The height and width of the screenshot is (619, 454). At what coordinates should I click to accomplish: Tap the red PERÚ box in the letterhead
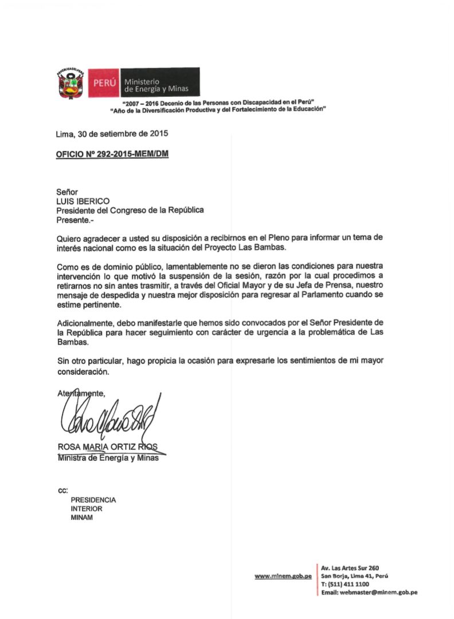[x=104, y=83]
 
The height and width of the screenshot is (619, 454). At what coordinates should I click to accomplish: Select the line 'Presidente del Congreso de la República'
[x=130, y=210]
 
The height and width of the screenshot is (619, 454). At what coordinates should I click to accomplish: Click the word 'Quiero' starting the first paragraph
[x=68, y=238]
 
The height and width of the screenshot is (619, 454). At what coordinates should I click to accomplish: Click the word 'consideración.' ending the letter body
[x=83, y=371]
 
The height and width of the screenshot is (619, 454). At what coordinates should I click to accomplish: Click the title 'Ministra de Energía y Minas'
[x=108, y=457]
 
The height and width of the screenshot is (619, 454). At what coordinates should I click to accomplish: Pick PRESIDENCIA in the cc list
[x=93, y=500]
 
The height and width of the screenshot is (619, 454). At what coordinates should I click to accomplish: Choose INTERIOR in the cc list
[x=87, y=508]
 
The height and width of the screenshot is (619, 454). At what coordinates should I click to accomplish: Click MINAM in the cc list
[x=81, y=518]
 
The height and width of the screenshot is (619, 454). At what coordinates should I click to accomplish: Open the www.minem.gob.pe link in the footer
[x=283, y=576]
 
